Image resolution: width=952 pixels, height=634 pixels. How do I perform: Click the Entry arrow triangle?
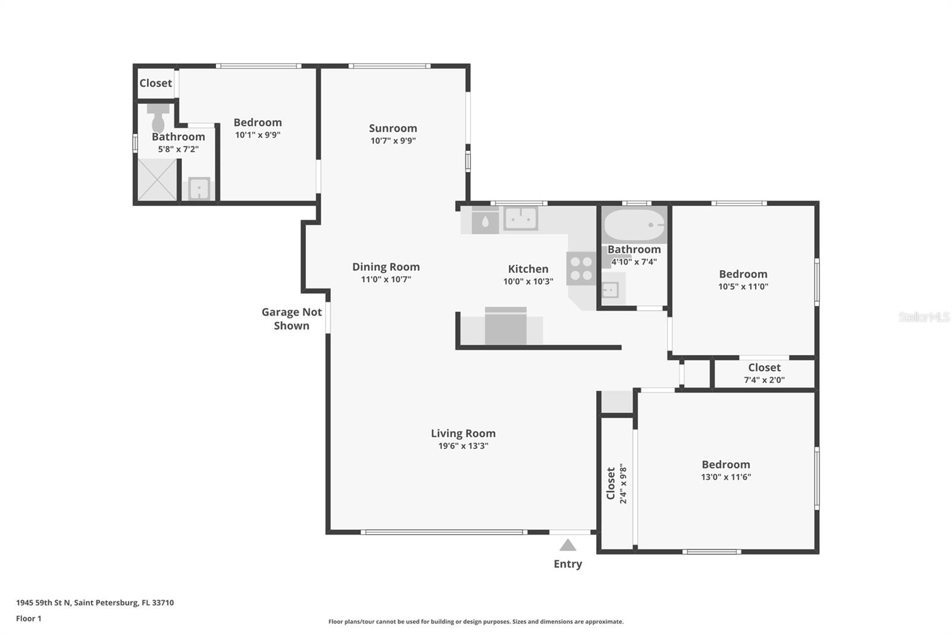[568, 545]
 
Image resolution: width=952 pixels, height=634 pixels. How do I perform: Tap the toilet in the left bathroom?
[158, 120]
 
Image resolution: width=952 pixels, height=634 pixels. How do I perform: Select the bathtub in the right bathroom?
[634, 225]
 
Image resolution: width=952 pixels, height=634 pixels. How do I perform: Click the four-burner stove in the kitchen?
[581, 268]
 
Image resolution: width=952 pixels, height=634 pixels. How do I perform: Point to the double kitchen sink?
[521, 218]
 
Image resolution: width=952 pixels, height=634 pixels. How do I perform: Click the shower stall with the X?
[157, 180]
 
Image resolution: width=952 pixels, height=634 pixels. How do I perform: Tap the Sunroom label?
[393, 128]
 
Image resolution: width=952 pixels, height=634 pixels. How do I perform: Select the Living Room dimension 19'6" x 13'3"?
[463, 446]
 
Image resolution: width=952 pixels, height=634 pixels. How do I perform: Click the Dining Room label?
[386, 266]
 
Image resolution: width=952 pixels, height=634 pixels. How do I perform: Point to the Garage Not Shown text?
[292, 319]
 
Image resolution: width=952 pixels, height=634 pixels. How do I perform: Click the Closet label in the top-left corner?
[155, 83]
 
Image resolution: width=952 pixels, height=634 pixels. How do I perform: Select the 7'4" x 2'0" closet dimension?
[764, 380]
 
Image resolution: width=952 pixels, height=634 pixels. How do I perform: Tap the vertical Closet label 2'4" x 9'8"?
[616, 484]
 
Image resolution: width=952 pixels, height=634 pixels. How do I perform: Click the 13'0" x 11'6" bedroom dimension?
[725, 477]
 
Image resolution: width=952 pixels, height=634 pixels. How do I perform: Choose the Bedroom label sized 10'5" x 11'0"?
[743, 274]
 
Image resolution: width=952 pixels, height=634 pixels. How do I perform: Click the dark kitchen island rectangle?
[505, 327]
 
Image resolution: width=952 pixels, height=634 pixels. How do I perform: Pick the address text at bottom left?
[95, 602]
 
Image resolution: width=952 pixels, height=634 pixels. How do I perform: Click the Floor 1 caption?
[29, 619]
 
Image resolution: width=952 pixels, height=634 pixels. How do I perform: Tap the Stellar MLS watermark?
[923, 317]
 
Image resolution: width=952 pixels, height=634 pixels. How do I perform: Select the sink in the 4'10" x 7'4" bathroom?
[610, 290]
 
